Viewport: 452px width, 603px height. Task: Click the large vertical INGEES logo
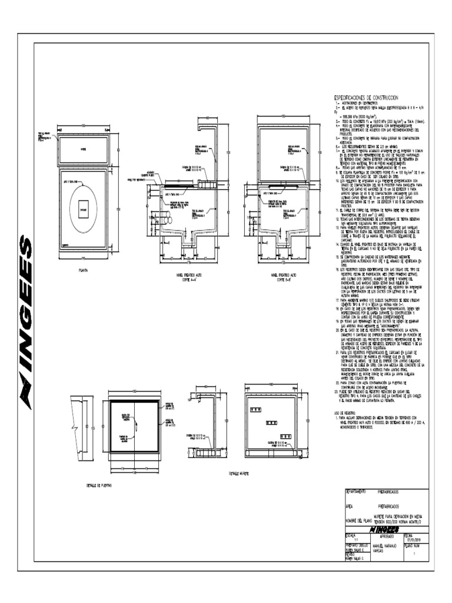(x=26, y=322)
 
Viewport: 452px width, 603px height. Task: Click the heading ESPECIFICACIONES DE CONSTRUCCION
(x=366, y=97)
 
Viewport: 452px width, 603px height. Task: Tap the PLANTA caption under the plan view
(x=83, y=256)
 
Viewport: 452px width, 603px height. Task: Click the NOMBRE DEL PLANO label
(x=358, y=521)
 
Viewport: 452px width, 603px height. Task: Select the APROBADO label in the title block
(x=389, y=535)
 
